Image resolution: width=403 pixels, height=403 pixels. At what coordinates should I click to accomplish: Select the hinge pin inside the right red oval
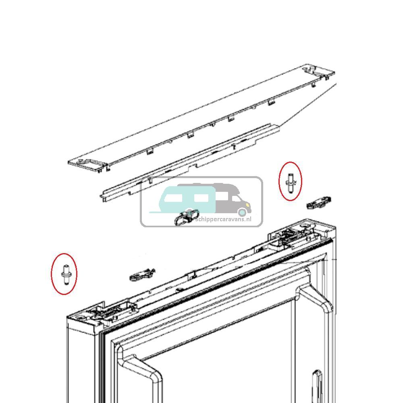(x=291, y=183)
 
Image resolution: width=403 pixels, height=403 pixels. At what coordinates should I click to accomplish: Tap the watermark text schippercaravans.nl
(x=223, y=219)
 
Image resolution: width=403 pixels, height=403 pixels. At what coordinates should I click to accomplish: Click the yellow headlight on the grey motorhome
(x=247, y=205)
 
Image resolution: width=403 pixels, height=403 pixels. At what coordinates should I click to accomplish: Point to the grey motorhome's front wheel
(x=242, y=212)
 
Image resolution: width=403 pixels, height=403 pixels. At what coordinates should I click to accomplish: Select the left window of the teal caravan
(x=173, y=198)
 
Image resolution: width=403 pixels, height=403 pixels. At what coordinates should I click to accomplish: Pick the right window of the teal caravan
(x=201, y=198)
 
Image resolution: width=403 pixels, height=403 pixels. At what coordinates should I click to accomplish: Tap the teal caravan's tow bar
(x=154, y=212)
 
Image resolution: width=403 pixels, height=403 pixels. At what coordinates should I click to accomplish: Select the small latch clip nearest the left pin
(x=142, y=275)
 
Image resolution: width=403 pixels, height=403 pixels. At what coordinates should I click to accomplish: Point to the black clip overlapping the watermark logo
(x=186, y=217)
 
